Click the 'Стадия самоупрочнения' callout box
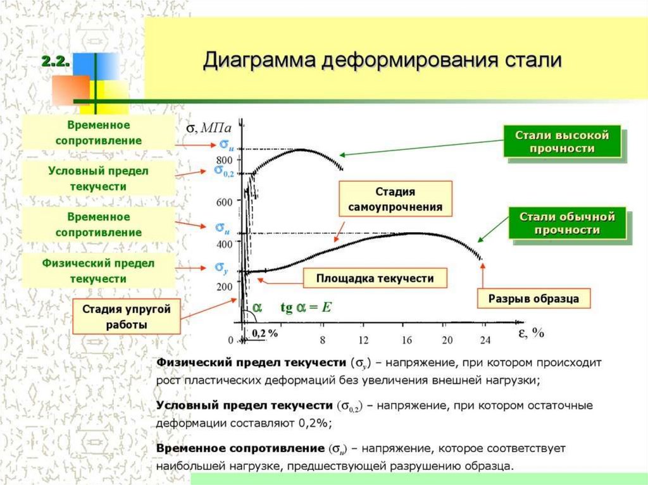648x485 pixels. (x=396, y=199)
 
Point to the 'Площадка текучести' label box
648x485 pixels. (x=375, y=278)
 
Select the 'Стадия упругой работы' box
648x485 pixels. (x=127, y=317)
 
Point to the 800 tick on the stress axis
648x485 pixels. (x=225, y=159)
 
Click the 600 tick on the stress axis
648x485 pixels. (x=225, y=202)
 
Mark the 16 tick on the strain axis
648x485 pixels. (x=406, y=340)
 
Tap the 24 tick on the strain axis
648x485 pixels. (x=485, y=340)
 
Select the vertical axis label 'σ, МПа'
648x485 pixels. (x=208, y=128)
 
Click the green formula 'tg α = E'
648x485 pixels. (x=306, y=308)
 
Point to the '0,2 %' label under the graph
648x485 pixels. (x=265, y=333)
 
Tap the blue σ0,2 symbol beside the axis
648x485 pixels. (x=223, y=170)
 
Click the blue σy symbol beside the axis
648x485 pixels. (x=221, y=268)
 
